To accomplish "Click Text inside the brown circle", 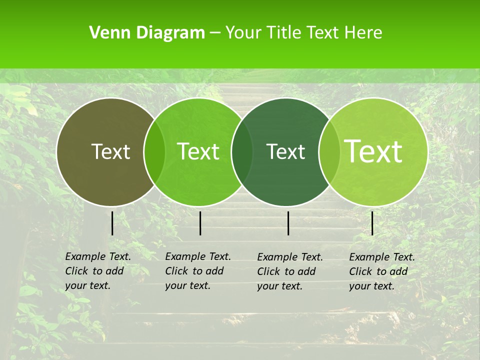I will click(x=110, y=151).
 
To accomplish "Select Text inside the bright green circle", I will click(x=198, y=151).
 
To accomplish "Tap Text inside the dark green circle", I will click(x=286, y=151).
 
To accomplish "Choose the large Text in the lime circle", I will click(x=373, y=151).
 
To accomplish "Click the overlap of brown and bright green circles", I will click(x=154, y=152).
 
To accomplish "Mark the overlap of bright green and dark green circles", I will click(x=242, y=152).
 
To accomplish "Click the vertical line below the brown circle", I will click(x=112, y=223).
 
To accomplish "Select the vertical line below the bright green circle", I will click(x=200, y=223).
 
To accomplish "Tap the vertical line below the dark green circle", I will click(x=288, y=223).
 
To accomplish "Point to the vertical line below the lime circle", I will click(x=372, y=223).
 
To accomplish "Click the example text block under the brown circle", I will click(x=97, y=271).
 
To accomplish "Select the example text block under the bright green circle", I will click(x=197, y=271).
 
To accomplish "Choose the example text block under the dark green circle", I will click(x=289, y=271).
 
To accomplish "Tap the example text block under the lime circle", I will click(x=381, y=271).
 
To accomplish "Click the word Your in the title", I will click(x=244, y=33).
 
